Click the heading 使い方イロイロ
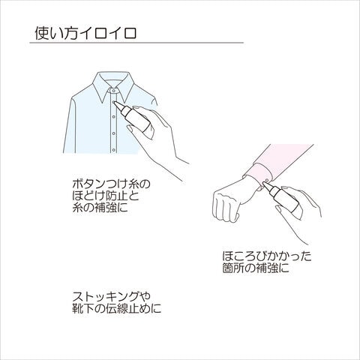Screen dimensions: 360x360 coord(85,33)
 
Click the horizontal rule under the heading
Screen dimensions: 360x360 coord(136,43)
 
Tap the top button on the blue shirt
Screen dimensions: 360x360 coord(114,102)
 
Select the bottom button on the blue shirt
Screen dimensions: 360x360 coord(114,150)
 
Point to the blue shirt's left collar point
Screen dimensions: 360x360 coord(103,103)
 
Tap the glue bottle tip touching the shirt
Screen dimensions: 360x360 coord(115,103)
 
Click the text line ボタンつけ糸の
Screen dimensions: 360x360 coord(111,184)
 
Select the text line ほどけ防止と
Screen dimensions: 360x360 coord(106,196)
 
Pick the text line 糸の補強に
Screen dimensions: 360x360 coord(100,208)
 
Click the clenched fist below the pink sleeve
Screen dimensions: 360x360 coord(226,205)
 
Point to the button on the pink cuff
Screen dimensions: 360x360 coord(267,180)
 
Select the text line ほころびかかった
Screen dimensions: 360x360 coord(267,256)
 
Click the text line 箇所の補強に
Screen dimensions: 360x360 coord(256,268)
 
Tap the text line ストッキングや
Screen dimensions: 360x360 coord(111,297)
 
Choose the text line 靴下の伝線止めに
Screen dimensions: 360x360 coord(117,308)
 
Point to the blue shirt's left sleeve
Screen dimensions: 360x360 coord(70,125)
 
